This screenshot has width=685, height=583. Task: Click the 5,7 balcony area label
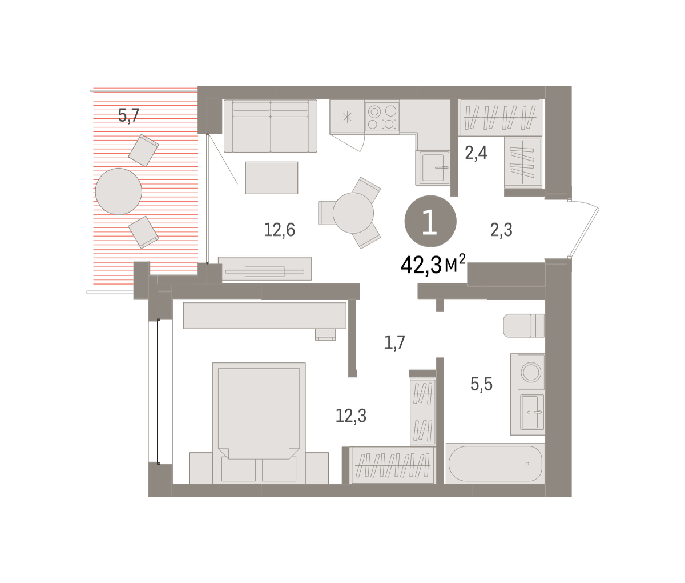click(128, 116)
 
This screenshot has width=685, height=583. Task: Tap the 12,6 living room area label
click(279, 230)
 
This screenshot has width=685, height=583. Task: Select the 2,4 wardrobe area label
click(476, 153)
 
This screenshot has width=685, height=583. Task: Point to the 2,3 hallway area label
click(501, 230)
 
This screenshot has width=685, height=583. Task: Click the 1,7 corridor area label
click(394, 342)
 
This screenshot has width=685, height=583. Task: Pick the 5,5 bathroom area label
click(481, 384)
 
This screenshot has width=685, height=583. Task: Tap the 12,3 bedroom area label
click(351, 416)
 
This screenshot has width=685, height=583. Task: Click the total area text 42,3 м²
click(433, 265)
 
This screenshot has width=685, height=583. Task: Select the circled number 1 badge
click(430, 221)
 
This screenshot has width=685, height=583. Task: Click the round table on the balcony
click(119, 191)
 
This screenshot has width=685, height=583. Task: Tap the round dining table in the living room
click(353, 213)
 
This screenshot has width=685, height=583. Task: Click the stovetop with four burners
click(382, 117)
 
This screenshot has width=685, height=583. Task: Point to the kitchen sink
click(433, 167)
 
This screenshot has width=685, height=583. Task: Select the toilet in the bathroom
click(523, 326)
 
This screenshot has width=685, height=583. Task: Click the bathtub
click(495, 464)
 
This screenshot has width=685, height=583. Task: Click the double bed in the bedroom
click(259, 423)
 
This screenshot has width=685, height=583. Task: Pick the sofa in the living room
click(271, 126)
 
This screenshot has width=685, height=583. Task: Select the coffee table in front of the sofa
click(271, 178)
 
